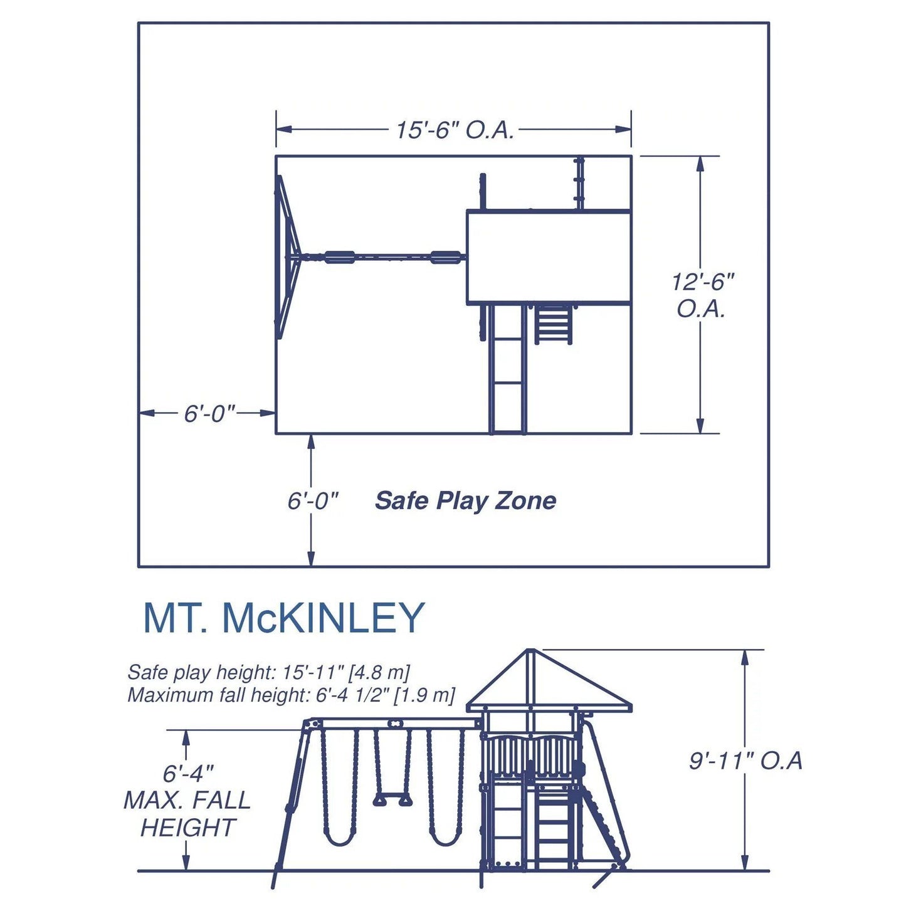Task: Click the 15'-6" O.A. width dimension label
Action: (x=455, y=130)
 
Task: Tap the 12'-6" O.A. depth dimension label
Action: (x=702, y=295)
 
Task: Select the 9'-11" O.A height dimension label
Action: (x=745, y=761)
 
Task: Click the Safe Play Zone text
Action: (x=465, y=501)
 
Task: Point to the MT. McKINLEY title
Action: (x=284, y=618)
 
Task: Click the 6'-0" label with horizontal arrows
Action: (x=209, y=414)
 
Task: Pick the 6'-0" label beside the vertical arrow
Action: (x=313, y=501)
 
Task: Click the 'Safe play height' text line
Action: (x=268, y=672)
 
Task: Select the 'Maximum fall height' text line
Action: (x=291, y=695)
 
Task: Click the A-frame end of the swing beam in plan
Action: (x=285, y=256)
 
